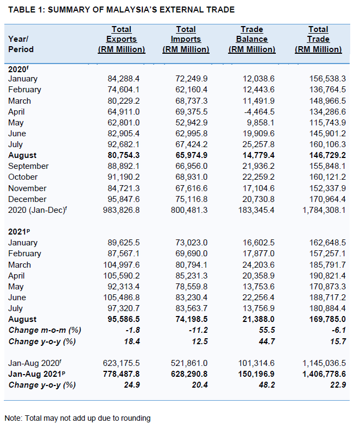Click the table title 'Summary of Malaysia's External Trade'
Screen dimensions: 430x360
click(122, 10)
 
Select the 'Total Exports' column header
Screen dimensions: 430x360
click(122, 39)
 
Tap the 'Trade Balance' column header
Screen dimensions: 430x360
click(252, 39)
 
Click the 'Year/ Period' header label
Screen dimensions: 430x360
click(21, 44)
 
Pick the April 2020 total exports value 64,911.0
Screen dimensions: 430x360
click(124, 111)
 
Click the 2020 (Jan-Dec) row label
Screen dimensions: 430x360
click(36, 210)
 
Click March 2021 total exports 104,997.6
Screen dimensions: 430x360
click(122, 265)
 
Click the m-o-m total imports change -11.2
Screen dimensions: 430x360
click(200, 330)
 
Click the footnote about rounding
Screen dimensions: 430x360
click(78, 418)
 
